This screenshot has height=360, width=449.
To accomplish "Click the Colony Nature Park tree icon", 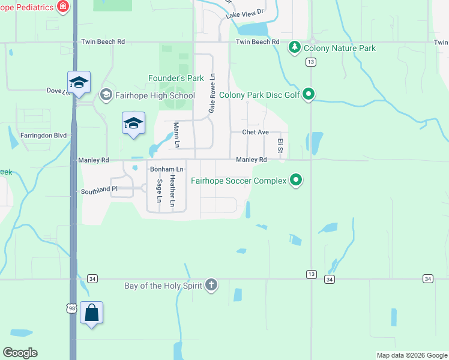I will point(294,47).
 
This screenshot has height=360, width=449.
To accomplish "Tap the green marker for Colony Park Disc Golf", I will point(309,94).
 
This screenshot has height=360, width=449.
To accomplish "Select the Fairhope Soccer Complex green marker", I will point(295,179).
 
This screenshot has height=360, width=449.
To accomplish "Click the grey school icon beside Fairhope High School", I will point(106,95).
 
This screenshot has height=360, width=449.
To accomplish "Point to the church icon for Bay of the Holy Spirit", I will point(211,285).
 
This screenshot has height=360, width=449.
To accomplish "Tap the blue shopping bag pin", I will point(91,313).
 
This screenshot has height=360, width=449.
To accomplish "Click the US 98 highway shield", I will point(71,308).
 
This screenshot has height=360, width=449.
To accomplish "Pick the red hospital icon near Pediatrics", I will point(62,6).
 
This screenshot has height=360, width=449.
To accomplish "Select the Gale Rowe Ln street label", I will point(211,94).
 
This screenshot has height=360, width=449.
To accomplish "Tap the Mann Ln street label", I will point(176,135).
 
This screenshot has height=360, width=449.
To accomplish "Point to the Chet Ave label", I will point(255,132).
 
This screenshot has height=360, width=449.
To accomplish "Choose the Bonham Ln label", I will point(166,170).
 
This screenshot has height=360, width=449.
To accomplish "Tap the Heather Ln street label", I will point(173,191).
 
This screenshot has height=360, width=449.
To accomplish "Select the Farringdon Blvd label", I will point(43,136).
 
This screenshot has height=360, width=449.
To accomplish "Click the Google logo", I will point(20,353).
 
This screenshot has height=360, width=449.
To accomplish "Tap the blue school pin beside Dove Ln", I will point(79,83).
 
